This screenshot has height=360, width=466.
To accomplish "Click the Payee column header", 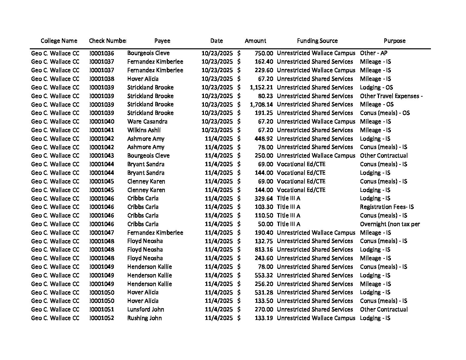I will [162, 41].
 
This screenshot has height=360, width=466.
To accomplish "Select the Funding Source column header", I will [317, 41].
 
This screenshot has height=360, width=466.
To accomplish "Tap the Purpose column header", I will [394, 41].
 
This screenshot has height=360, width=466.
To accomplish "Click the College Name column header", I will [59, 41].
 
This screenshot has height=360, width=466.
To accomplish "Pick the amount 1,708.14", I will [261, 105].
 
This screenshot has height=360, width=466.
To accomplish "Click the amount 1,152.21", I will [261, 87].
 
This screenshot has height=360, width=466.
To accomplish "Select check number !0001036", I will [102, 53].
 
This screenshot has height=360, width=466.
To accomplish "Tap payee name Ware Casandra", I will [147, 121].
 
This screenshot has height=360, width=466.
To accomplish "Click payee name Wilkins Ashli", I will [144, 130].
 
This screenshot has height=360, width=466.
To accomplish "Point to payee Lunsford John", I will [146, 309].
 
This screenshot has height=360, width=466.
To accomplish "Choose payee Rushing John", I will [144, 318].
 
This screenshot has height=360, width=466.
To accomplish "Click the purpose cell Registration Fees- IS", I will [387, 207].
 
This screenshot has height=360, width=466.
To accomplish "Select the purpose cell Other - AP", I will [373, 53].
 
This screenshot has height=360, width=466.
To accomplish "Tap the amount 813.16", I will [264, 249].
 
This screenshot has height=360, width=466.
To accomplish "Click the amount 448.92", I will [264, 139].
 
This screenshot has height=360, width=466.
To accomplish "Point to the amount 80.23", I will [266, 96].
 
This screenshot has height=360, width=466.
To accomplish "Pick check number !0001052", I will [102, 318].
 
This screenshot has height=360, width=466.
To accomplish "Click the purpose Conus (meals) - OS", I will [385, 113].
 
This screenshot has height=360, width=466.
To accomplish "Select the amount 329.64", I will [264, 198].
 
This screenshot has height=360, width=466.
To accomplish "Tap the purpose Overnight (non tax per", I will [390, 224].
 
